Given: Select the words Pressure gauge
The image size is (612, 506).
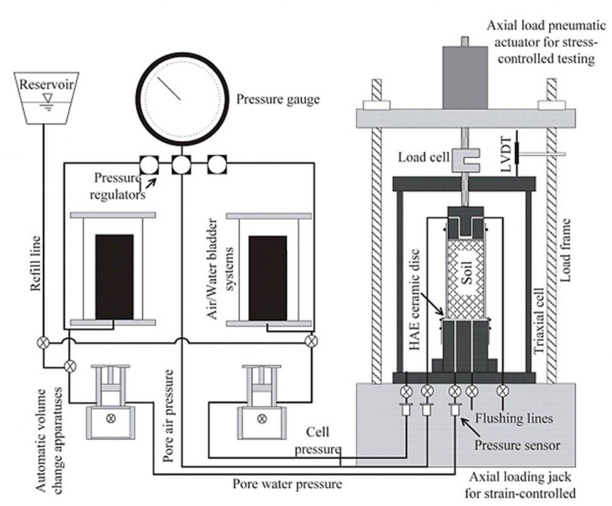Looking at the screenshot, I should [278, 99].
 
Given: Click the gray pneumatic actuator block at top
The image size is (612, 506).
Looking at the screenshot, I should [465, 77].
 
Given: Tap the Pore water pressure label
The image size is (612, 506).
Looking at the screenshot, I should [287, 483].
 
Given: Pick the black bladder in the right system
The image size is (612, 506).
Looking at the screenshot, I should [267, 279].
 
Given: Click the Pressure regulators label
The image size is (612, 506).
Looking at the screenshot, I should [118, 186].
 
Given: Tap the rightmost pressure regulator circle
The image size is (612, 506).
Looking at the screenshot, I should [216, 164].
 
